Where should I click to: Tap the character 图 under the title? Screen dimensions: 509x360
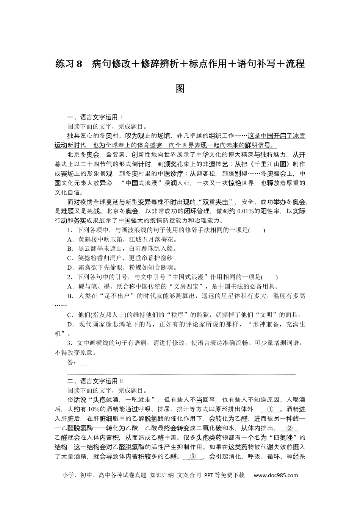pos(180,89)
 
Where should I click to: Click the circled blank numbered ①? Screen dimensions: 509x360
pos(270,409)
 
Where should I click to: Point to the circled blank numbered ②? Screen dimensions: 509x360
pos(290,428)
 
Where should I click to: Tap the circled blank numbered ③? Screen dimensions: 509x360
pos(193,456)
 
